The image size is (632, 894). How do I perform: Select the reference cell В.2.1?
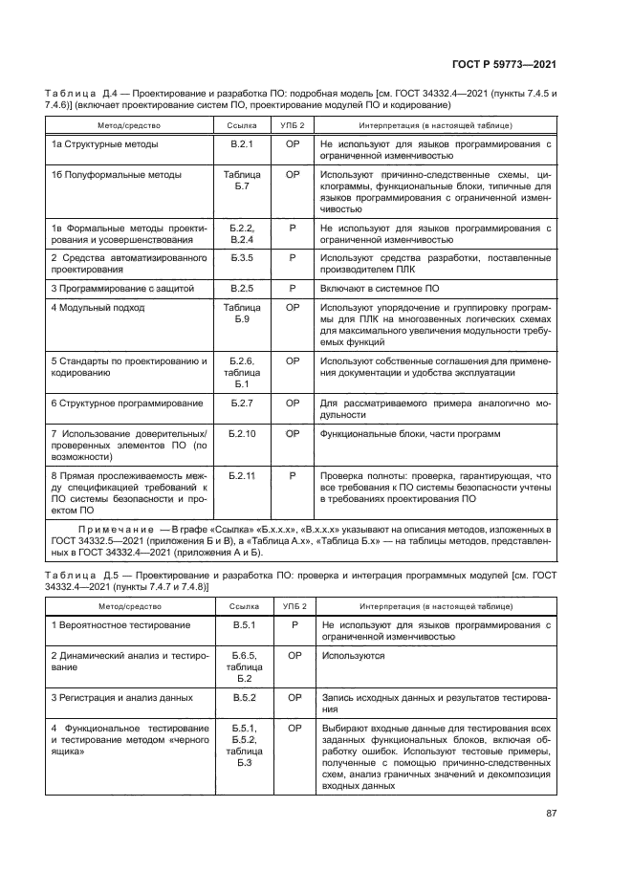[x=241, y=143]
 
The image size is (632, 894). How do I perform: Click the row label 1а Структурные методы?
[x=104, y=143]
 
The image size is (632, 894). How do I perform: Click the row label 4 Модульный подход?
[x=98, y=308]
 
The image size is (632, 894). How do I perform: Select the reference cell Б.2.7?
[x=241, y=403]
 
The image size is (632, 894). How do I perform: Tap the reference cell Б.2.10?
[x=241, y=434]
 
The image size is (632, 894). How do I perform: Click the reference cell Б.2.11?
[x=241, y=475]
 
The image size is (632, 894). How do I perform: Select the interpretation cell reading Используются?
[x=354, y=656]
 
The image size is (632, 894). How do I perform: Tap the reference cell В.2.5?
[x=241, y=286]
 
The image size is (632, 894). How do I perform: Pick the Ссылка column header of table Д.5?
[x=241, y=605]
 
